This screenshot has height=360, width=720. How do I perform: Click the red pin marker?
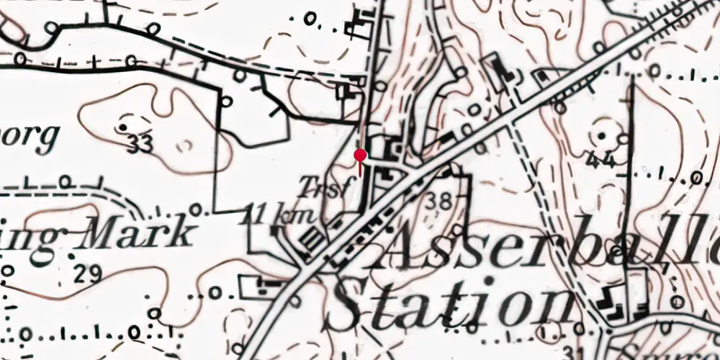pyautogui.click(x=360, y=155)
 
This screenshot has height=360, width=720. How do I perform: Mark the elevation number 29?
pyautogui.click(x=88, y=274)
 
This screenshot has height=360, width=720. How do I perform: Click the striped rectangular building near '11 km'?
pyautogui.click(x=312, y=238)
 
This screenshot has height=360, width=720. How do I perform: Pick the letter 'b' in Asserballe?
pyautogui.click(x=593, y=242)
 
